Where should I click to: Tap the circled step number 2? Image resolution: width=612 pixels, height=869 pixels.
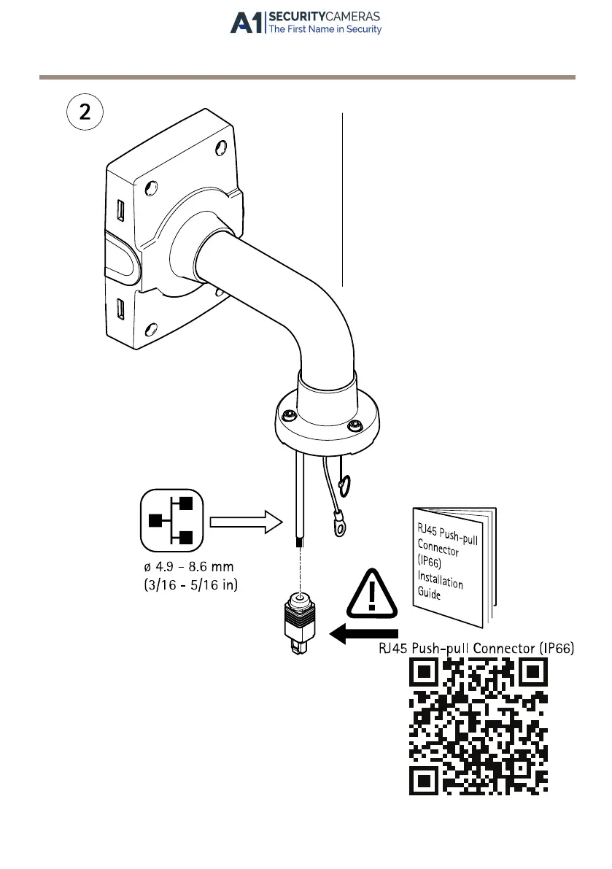click(85, 113)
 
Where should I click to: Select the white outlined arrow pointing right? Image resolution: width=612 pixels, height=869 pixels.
click(245, 521)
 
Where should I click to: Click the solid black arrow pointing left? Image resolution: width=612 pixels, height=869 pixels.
click(365, 633)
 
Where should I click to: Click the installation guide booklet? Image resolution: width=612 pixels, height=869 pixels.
click(453, 565)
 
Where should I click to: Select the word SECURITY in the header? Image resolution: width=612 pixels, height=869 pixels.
click(299, 16)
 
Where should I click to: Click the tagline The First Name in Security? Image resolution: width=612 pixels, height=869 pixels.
click(325, 30)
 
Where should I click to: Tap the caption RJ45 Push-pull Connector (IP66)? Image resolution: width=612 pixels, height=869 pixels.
click(476, 647)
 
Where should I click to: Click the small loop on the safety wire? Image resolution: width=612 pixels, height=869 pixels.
click(345, 484)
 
